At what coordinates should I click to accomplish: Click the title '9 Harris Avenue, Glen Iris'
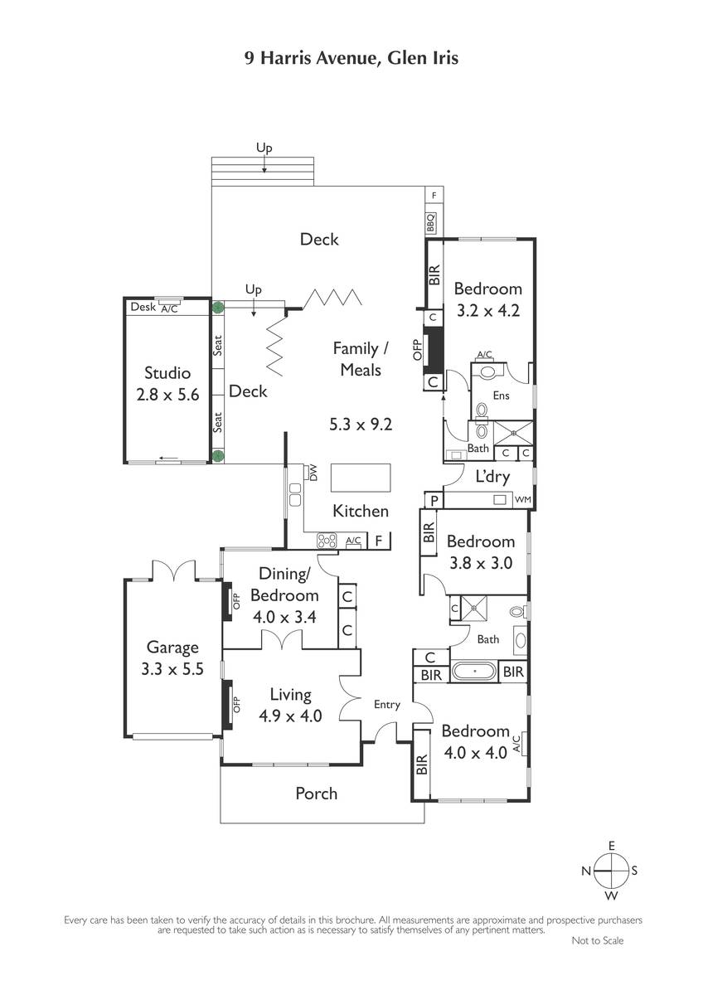tap(351, 58)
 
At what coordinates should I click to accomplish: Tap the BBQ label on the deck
tap(430, 222)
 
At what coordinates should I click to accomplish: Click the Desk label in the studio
tap(143, 307)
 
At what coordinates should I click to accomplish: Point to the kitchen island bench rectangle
tap(360, 478)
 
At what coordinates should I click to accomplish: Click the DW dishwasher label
tap(313, 473)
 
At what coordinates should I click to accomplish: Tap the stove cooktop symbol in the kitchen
tap(327, 541)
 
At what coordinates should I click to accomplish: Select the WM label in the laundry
tap(522, 499)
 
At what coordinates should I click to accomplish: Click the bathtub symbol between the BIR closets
tap(475, 671)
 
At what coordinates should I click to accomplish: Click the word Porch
tap(316, 794)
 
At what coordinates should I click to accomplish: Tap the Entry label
tap(387, 705)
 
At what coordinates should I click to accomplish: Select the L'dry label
tap(492, 477)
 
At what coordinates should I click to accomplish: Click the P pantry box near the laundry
tap(434, 500)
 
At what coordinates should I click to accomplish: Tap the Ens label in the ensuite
tap(501, 396)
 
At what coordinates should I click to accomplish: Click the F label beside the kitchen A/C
tap(378, 541)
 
